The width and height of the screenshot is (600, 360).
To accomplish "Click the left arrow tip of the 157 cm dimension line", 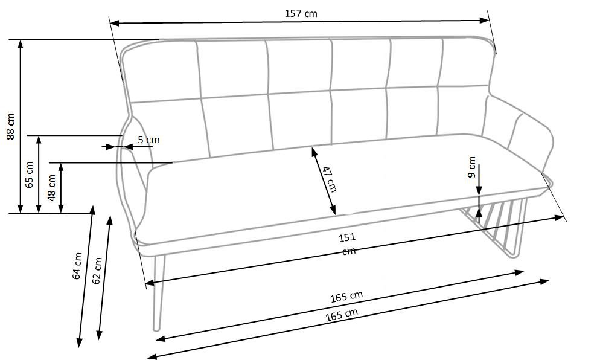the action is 110,23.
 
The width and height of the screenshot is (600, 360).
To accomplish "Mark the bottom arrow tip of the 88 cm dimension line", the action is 21,213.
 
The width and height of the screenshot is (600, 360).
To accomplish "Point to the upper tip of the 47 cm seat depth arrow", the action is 312,148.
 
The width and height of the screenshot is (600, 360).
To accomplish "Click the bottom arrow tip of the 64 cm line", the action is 79,347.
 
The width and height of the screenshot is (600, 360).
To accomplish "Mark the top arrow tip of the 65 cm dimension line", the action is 38,136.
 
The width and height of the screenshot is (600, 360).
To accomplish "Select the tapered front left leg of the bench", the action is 158,292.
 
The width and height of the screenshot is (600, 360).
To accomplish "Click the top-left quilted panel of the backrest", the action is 162,72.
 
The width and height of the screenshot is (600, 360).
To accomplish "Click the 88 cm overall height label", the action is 11,126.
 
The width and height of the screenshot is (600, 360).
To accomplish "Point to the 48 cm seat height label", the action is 52,188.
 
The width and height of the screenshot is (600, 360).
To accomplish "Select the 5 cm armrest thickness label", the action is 148,140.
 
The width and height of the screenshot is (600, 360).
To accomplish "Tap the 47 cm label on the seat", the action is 329,179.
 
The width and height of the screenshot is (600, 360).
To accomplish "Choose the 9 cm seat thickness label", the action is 472,167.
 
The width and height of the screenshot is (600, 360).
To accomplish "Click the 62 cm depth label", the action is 97,271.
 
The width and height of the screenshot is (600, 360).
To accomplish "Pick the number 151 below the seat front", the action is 347,237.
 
